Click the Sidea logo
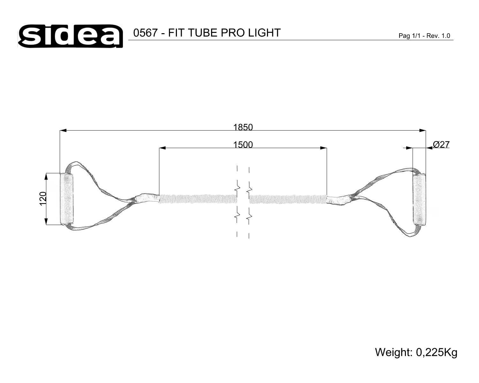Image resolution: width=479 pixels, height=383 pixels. click(70, 36)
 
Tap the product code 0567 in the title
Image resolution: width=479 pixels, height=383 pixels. click(145, 33)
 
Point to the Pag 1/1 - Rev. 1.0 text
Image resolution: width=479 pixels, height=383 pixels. click(424, 36)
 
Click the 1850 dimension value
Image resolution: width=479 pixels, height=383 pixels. click(243, 127)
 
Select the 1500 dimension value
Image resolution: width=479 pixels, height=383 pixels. click(243, 145)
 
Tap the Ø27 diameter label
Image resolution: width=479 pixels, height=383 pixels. click(441, 145)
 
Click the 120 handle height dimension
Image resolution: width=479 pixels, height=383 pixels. click(43, 199)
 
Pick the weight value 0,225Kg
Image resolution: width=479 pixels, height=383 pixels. click(437, 352)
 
